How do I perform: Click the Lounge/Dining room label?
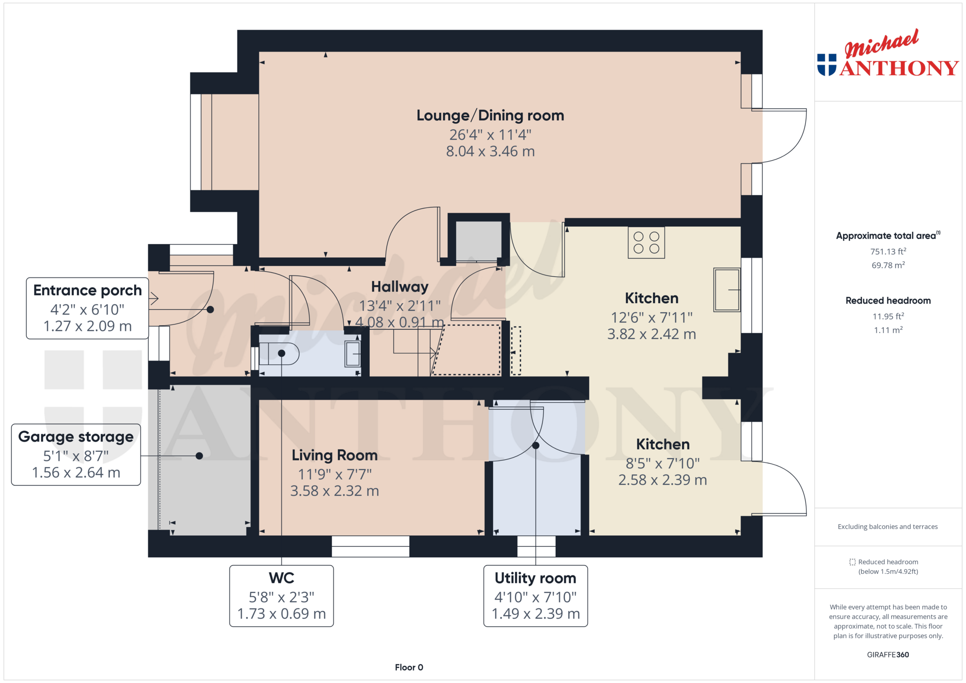coord(490,115)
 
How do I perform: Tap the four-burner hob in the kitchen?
coord(646,243)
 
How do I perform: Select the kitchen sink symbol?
coord(727,290)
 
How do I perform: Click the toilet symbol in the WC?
coord(279,354)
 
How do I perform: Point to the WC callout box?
coord(281,596)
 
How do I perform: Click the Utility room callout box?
coord(535,596)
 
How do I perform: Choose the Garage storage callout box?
coord(76,455)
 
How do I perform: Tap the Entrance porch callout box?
coord(87,308)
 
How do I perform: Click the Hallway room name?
coord(400,286)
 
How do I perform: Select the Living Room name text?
coord(334,455)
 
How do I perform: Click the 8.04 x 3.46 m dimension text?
coord(490,152)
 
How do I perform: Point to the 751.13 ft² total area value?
coord(888,251)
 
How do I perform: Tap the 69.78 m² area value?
coord(888,265)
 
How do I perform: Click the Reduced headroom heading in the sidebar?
coord(888,301)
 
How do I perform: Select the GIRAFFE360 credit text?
coord(888,654)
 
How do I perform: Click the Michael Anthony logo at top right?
coord(887,53)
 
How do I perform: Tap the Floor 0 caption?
coord(409,667)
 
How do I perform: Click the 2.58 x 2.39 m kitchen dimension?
coord(663,480)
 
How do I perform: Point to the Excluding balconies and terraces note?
coord(887,527)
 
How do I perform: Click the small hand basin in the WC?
coord(353,354)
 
